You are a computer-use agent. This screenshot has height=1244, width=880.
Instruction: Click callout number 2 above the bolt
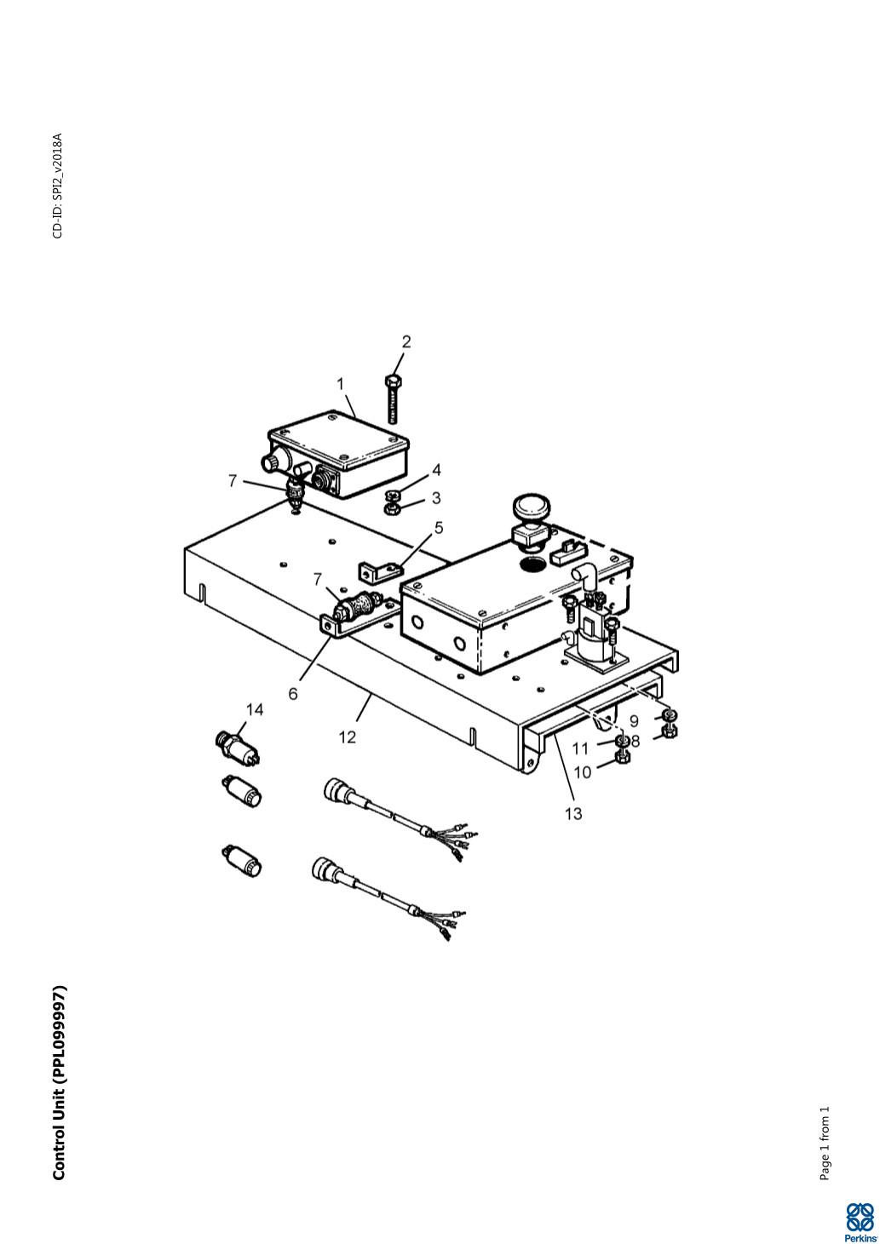[406, 341]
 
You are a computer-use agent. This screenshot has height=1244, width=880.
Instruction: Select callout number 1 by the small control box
[341, 384]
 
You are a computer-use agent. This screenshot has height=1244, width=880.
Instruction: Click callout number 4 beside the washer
[436, 470]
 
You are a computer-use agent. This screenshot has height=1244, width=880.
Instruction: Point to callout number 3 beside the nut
[436, 498]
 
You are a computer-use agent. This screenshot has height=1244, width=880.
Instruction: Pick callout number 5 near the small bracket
[439, 528]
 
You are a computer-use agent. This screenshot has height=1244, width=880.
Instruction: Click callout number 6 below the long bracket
[293, 694]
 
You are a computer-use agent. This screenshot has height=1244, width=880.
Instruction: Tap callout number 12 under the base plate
[348, 737]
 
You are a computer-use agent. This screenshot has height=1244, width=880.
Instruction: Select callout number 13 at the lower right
[573, 814]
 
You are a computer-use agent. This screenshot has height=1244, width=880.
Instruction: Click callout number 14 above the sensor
[255, 709]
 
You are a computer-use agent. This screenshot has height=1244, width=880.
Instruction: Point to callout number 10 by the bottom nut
[582, 772]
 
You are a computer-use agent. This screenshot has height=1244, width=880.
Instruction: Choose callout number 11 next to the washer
[580, 749]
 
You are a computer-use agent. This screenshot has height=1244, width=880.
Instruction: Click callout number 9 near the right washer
[634, 721]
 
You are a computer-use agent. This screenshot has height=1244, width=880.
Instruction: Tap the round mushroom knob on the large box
[532, 507]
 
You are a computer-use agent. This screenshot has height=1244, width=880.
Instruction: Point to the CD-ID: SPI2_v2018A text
[58, 186]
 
